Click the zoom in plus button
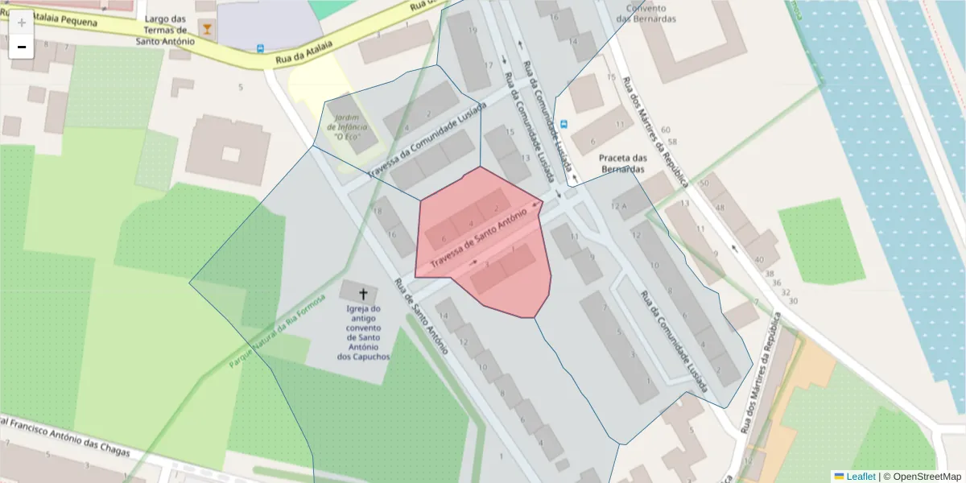click(22, 23)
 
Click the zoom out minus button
click(22, 47)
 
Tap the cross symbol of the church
click(363, 294)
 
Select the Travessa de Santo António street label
click(478, 237)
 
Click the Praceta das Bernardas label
click(623, 163)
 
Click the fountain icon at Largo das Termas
click(208, 30)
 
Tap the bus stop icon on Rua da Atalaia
click(260, 48)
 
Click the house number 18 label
click(378, 212)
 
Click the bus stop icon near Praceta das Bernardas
click(563, 124)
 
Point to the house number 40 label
click(759, 259)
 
